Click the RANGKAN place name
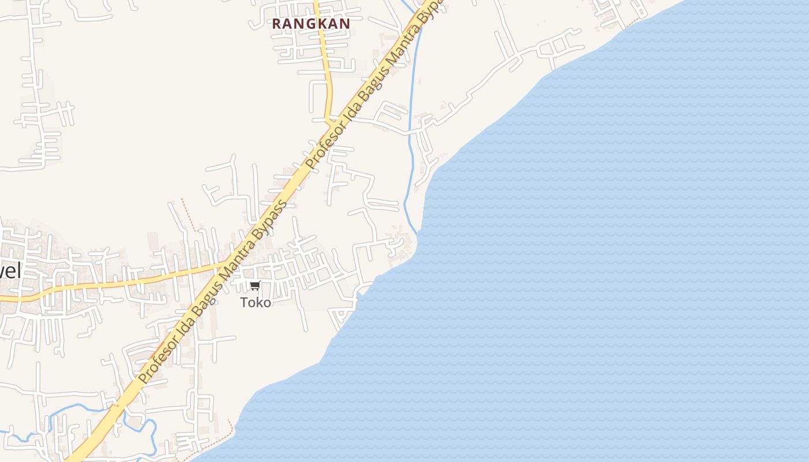[311, 24]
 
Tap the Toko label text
[255, 302]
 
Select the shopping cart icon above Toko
[255, 286]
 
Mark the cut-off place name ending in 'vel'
[10, 270]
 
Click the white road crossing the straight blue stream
[411, 132]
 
